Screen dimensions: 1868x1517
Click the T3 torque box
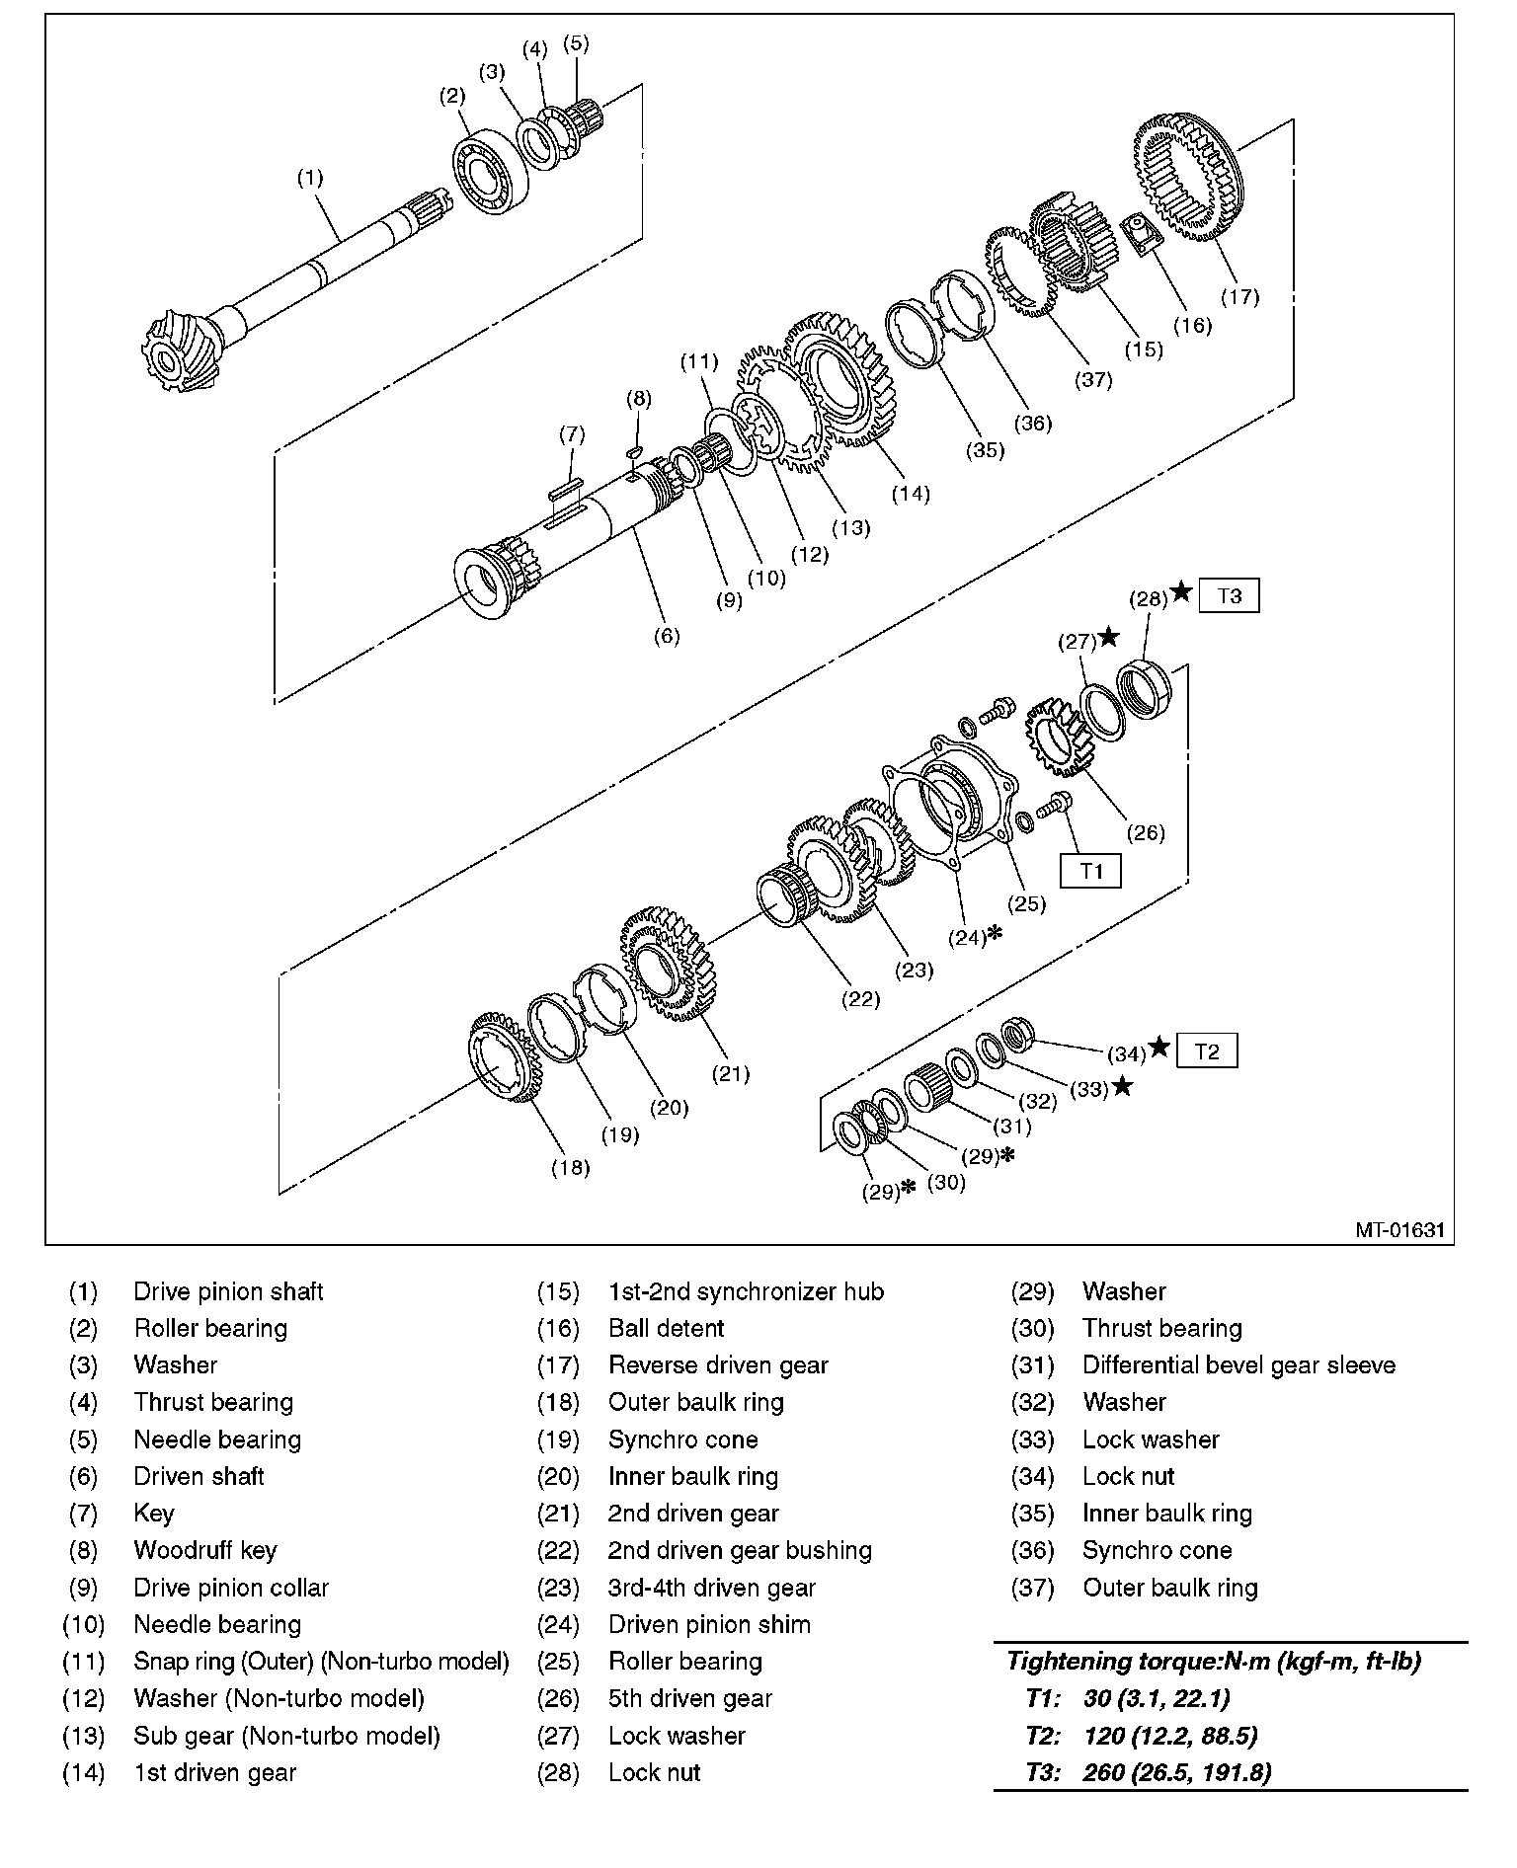1229,596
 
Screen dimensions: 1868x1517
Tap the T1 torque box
1090,871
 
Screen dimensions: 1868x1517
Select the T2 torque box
1207,1051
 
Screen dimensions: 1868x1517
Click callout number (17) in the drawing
1240,296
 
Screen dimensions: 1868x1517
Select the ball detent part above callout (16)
1144,236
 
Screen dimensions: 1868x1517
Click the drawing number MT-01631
1398,1230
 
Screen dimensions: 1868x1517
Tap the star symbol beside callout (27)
1109,638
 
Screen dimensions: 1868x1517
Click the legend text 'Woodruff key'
205,1550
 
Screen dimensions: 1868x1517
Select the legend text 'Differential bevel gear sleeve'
1238,1365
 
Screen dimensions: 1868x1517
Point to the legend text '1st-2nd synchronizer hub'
746,1291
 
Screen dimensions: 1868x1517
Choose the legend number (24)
557,1624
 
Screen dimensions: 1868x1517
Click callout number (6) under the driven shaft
668,636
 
